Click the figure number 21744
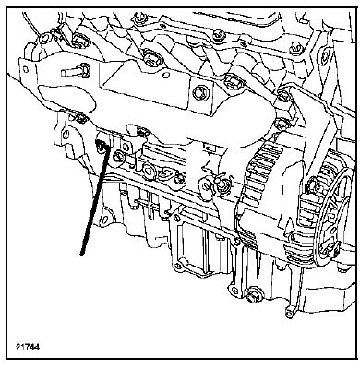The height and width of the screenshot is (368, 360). [x=28, y=347]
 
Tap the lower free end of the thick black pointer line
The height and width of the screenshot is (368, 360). [x=81, y=254]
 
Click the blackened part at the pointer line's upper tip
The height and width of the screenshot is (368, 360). [x=101, y=145]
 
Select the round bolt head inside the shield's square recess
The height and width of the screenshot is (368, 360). [x=199, y=93]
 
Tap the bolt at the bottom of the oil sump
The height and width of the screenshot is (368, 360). [x=253, y=293]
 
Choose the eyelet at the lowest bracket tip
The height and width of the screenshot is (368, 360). [x=289, y=313]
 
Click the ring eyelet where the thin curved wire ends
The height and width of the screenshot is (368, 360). [x=44, y=38]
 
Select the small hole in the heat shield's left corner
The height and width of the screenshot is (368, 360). [x=26, y=69]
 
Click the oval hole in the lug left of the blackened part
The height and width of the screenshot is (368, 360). [x=66, y=136]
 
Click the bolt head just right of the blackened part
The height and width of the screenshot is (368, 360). [x=117, y=156]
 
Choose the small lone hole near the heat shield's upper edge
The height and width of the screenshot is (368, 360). [x=165, y=75]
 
